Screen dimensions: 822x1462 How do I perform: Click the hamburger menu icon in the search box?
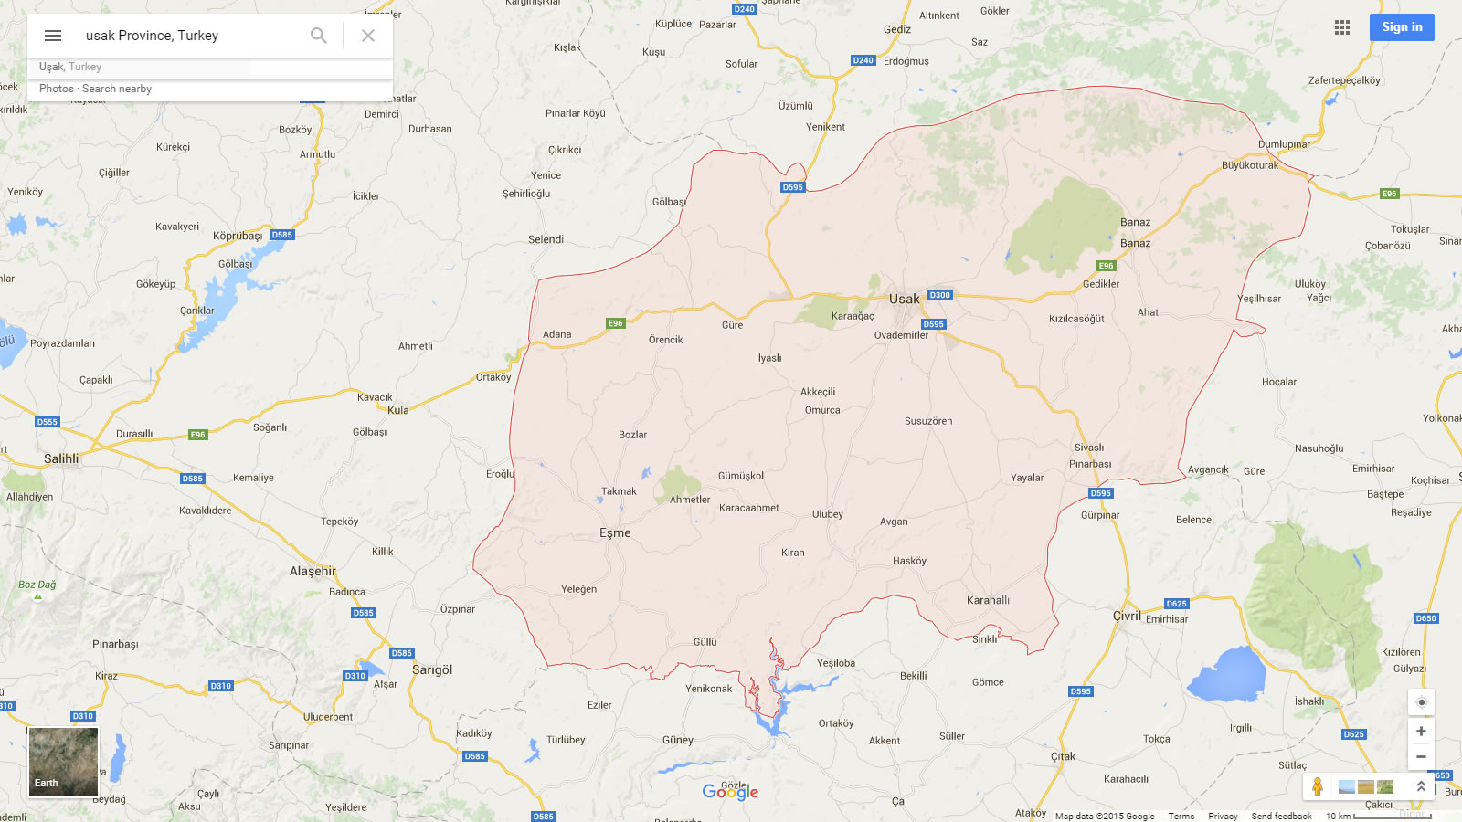[53, 36]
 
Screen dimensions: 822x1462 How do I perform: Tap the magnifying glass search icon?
[318, 36]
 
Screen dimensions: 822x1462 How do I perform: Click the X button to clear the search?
[368, 36]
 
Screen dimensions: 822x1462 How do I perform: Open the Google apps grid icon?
[1341, 27]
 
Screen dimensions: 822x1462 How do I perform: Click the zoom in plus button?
[1421, 731]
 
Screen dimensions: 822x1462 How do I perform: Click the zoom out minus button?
[1421, 756]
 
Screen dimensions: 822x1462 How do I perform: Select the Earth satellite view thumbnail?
[63, 762]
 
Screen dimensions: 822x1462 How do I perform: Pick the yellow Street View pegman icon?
[1318, 785]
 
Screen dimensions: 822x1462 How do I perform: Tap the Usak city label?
[904, 299]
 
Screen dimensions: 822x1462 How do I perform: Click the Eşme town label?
[615, 532]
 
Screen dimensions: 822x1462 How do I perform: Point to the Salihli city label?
[61, 458]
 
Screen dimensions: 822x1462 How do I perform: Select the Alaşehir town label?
[313, 571]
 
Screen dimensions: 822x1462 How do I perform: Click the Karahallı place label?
[988, 600]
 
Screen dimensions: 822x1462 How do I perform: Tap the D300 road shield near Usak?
[939, 295]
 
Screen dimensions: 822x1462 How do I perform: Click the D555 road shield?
[48, 422]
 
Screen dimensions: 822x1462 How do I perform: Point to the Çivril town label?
[1127, 616]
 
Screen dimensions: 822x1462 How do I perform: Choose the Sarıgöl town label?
[432, 669]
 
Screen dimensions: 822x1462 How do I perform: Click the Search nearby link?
[117, 89]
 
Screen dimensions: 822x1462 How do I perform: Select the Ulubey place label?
[828, 514]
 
